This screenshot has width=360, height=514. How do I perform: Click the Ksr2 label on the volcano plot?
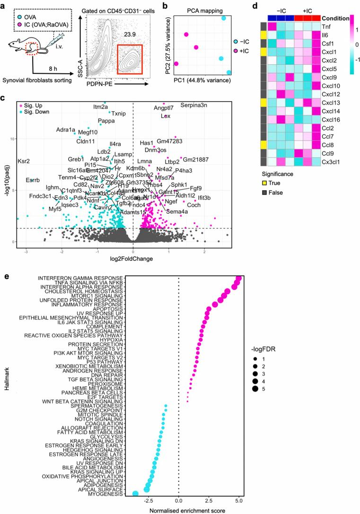click(x=24, y=161)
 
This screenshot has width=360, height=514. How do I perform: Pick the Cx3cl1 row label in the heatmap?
click(x=334, y=162)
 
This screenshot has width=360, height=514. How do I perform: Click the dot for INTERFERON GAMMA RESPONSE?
click(x=238, y=279)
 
